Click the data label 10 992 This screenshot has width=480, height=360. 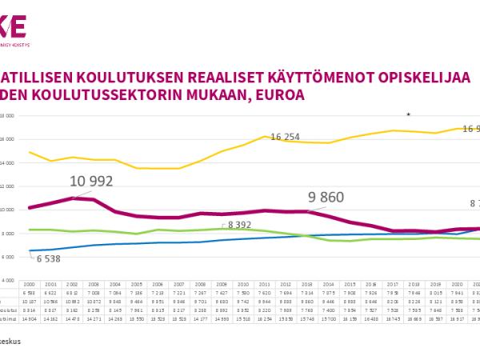coord(90,182)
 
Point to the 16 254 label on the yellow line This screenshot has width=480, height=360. coord(285,138)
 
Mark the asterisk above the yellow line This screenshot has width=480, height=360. coord(409,115)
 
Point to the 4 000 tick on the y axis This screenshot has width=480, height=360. coord(8,282)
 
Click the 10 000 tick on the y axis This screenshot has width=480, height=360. coord(7,210)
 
